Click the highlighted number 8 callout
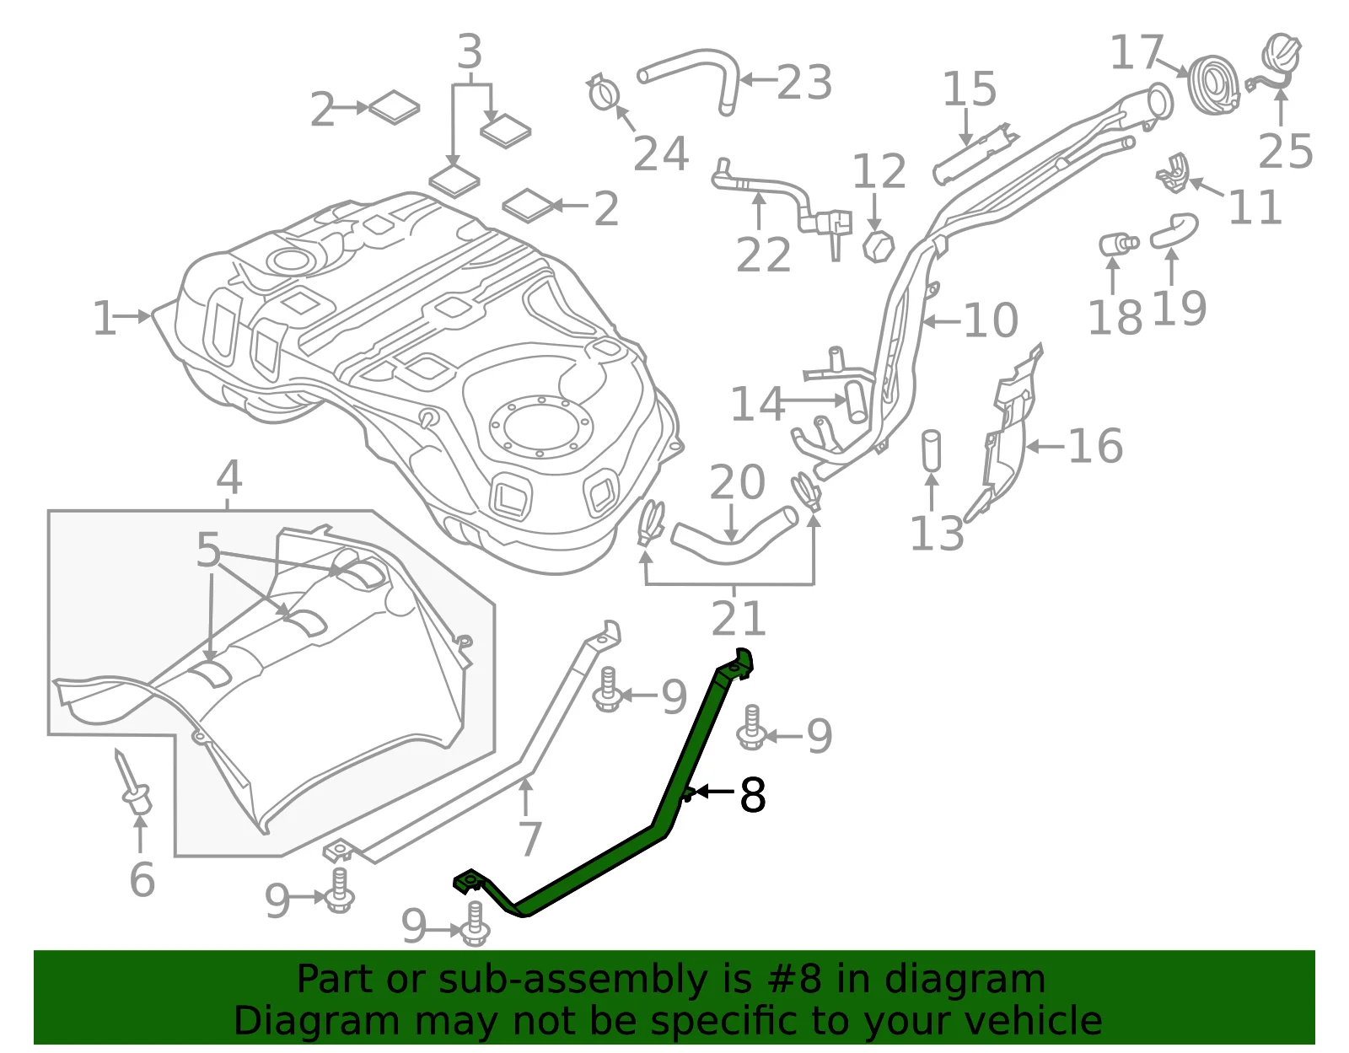tap(752, 795)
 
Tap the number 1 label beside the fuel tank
tap(104, 319)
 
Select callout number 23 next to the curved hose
tap(804, 82)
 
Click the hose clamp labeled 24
tap(604, 93)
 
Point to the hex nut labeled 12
tap(878, 246)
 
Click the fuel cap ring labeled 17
tap(1213, 85)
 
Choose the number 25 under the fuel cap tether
tap(1285, 151)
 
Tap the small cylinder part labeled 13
tap(931, 450)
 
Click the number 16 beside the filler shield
tap(1095, 445)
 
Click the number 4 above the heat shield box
tap(229, 477)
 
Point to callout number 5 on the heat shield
tap(208, 549)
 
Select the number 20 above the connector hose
tap(737, 481)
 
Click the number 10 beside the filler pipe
tap(990, 320)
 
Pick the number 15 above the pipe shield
tap(970, 89)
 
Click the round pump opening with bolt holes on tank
tap(540, 427)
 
